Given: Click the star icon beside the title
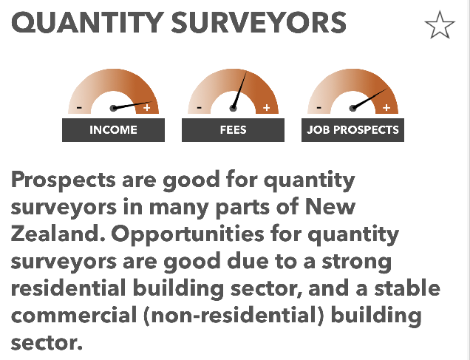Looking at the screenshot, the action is point(440,25).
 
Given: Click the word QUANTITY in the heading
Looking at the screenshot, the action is point(87,23).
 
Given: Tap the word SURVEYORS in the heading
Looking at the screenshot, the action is point(259,22).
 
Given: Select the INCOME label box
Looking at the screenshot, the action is point(113,130).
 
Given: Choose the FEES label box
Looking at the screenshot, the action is point(234,130).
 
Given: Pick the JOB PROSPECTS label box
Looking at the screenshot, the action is point(352,130).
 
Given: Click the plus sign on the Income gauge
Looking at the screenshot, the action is point(146,107).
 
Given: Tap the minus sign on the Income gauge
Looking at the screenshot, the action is point(79,107).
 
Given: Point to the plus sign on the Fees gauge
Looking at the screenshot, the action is point(267,107).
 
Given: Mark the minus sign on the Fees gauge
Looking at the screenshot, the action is point(199,107).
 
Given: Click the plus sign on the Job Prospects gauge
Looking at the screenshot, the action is point(386,107).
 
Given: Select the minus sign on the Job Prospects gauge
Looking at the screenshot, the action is point(319,107).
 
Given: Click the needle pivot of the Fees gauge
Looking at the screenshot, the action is point(233,108).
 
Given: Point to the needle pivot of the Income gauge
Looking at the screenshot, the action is point(113,108).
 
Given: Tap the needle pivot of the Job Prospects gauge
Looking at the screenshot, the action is point(352,108).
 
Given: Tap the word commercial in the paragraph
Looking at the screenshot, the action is point(74,316).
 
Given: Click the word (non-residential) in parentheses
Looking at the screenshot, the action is point(234,316).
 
